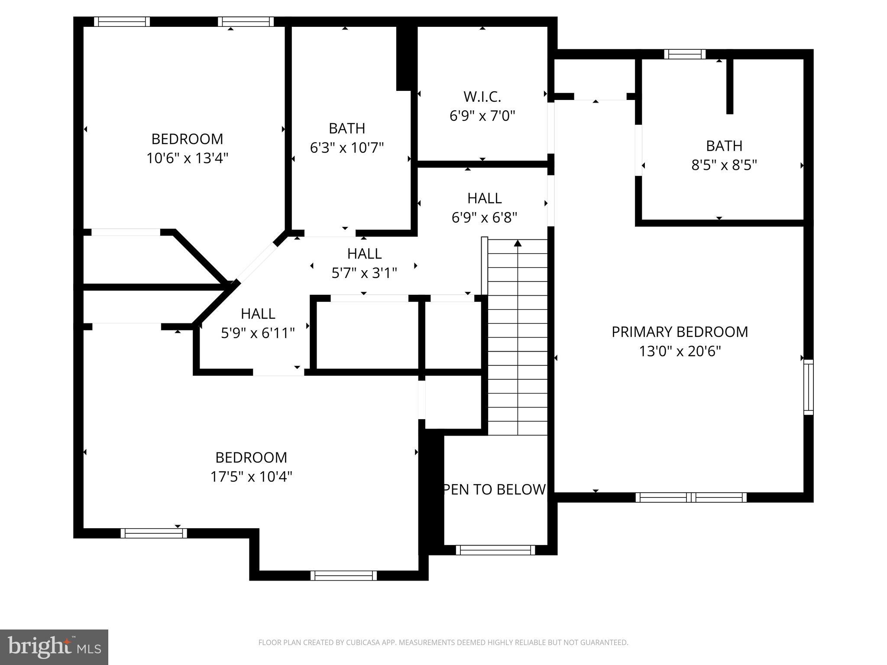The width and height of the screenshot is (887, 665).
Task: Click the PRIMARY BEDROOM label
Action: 680,332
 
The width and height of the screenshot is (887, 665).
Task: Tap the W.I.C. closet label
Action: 482,96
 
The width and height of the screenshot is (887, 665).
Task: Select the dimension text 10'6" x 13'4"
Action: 187,158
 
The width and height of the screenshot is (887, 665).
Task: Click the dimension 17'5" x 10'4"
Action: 251,477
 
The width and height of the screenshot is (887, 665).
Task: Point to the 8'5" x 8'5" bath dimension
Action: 724,165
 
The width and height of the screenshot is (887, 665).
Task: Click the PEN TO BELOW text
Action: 494,489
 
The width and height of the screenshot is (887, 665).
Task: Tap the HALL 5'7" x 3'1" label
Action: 364,254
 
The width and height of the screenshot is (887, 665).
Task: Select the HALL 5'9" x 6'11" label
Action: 258,314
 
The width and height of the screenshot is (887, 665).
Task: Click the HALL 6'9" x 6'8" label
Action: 484,198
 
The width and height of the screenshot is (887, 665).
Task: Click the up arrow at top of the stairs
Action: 518,243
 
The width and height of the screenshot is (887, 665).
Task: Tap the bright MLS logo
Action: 54,647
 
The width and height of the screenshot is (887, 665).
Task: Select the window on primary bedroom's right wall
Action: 808,387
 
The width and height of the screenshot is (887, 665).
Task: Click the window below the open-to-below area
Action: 495,550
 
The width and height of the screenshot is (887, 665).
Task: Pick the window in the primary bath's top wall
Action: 685,54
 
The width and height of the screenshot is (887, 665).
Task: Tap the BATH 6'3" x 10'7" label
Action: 346,129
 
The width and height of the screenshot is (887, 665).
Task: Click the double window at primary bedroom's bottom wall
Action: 691,497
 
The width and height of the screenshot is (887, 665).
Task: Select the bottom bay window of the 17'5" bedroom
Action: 343,575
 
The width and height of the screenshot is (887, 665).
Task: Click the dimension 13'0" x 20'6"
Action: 680,351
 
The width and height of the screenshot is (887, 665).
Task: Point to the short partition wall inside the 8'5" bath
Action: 730,85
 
